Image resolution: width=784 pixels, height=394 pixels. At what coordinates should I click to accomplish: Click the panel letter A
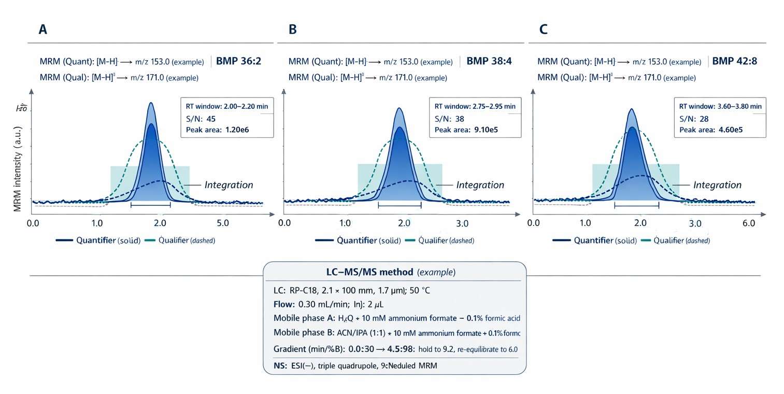point(43,30)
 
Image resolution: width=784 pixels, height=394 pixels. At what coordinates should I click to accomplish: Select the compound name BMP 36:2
point(238,61)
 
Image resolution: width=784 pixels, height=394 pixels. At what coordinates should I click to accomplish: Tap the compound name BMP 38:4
point(489,61)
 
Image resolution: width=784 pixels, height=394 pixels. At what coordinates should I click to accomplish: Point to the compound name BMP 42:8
point(734,61)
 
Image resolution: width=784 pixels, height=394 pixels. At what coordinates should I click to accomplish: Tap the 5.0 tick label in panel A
point(222,223)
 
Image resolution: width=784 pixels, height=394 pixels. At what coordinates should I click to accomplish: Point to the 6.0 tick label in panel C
point(748,223)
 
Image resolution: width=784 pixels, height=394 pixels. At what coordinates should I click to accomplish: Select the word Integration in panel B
point(480,185)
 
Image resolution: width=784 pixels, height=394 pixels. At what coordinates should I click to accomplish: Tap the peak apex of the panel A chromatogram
point(151,103)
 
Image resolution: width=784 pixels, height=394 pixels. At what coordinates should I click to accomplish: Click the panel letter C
point(543,30)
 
